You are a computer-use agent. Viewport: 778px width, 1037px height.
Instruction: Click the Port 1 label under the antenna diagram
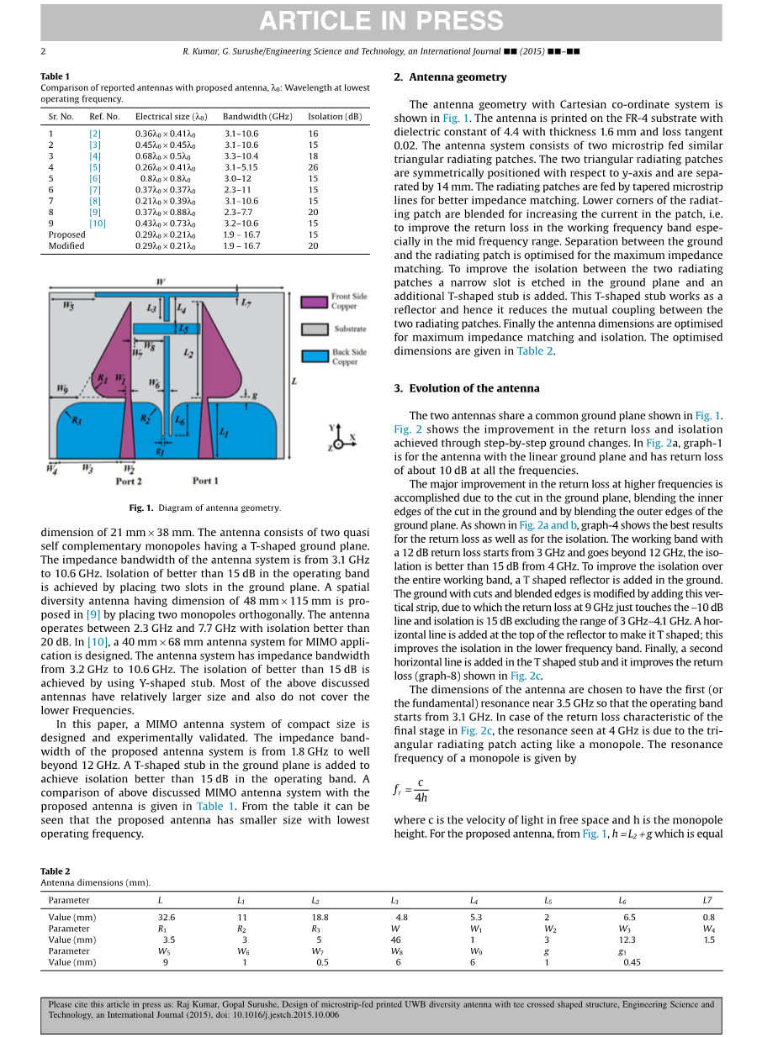pos(205,481)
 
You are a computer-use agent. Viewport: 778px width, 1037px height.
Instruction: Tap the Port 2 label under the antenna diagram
pos(129,482)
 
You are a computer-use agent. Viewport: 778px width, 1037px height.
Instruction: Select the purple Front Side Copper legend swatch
pos(314,301)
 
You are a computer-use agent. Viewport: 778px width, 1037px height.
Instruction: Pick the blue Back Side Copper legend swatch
pos(314,356)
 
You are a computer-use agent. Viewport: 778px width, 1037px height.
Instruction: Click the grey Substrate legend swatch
pos(314,329)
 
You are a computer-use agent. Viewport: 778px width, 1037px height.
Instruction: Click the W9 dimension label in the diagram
pos(62,388)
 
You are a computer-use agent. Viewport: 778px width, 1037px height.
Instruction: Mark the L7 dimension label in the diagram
pos(246,303)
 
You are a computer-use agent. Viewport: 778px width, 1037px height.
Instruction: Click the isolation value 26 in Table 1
pos(313,167)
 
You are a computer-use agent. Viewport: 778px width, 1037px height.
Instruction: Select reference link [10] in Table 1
pos(98,223)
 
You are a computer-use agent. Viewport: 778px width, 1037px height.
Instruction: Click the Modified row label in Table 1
pos(66,245)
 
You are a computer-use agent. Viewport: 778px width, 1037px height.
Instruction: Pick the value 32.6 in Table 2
pos(167,917)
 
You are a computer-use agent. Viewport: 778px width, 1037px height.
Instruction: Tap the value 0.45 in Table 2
pos(632,962)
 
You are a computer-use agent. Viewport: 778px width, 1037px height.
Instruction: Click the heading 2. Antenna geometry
pos(450,77)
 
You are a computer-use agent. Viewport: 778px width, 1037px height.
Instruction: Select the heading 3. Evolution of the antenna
pos(467,388)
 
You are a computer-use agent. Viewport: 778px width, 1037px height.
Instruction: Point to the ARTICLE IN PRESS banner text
pos(381,22)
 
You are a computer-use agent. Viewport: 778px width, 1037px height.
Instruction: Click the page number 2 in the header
pos(43,52)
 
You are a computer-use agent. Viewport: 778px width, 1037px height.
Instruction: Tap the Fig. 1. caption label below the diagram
pos(140,508)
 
